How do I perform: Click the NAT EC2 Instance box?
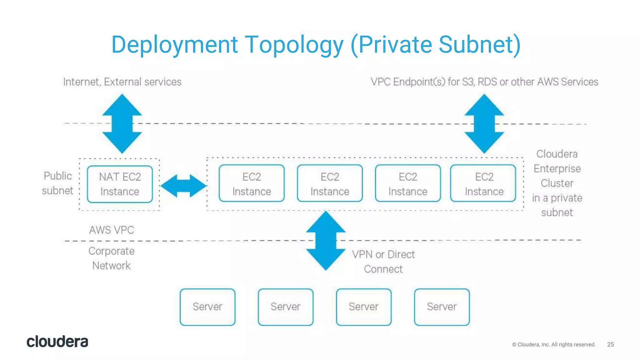pos(120,184)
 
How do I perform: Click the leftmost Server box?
pos(207,307)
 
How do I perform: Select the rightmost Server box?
pos(442,307)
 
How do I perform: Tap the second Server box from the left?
pos(286,307)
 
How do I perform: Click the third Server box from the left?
pos(364,307)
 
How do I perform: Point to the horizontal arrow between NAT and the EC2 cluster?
pos(183,186)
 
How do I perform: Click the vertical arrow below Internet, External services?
pos(122,124)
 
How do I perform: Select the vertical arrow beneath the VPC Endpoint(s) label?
pos(484,124)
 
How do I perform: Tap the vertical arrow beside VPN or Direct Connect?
pos(326,241)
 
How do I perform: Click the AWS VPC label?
pos(112,230)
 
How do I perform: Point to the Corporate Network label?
pos(112,258)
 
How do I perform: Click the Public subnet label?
pos(58,183)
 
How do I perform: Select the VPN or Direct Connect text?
pos(383,262)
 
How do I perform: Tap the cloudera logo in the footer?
pos(57,342)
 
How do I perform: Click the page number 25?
pos(610,344)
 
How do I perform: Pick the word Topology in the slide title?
pos(294,45)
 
